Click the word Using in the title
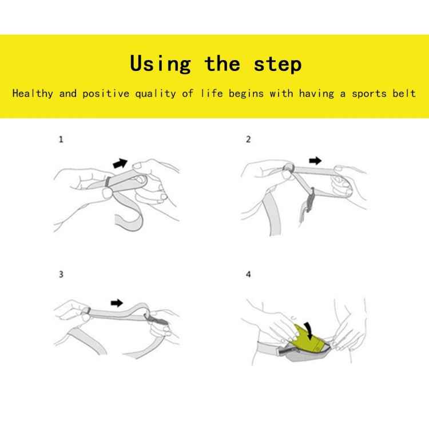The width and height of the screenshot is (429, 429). click(x=160, y=64)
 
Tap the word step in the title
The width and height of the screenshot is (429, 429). click(x=277, y=64)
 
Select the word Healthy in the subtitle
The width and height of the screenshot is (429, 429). click(x=33, y=94)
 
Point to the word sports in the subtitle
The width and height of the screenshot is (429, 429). click(x=369, y=94)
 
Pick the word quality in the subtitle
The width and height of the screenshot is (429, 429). click(x=156, y=94)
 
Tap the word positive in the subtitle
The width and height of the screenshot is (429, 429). click(x=106, y=94)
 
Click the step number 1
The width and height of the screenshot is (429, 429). click(x=61, y=139)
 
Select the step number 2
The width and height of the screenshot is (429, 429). click(x=248, y=139)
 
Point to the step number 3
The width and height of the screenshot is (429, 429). click(x=61, y=274)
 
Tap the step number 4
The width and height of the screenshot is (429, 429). click(x=248, y=274)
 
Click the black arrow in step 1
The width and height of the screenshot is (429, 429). click(x=120, y=163)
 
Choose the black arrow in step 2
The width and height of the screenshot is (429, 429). click(x=315, y=161)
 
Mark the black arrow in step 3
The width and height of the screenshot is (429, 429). click(x=117, y=303)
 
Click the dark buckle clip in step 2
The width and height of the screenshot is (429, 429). click(x=311, y=200)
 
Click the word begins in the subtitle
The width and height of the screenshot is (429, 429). click(x=246, y=94)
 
